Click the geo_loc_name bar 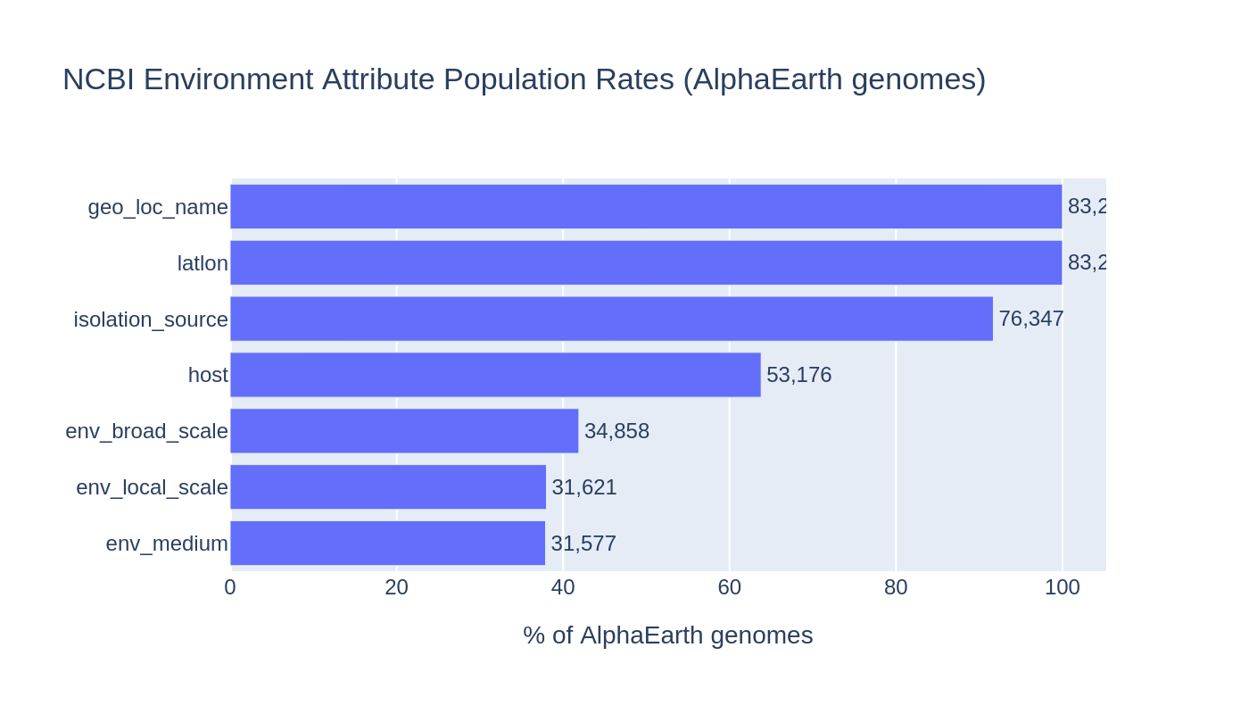click(x=646, y=206)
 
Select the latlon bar click(x=646, y=262)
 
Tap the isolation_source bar click(x=611, y=319)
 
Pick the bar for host click(x=495, y=375)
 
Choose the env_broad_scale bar click(x=404, y=431)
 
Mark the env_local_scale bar click(x=388, y=487)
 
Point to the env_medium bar click(x=387, y=544)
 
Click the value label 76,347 click(x=1030, y=319)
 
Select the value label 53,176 click(x=798, y=375)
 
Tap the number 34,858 click(x=616, y=431)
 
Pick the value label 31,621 click(x=583, y=487)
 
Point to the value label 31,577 click(x=583, y=544)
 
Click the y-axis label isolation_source click(x=151, y=320)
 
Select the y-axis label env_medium click(x=167, y=544)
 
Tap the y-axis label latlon click(x=203, y=263)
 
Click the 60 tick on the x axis click(x=729, y=587)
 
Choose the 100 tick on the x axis click(x=1062, y=587)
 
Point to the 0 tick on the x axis click(x=230, y=587)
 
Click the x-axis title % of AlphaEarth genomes click(x=667, y=635)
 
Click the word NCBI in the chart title click(x=98, y=79)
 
